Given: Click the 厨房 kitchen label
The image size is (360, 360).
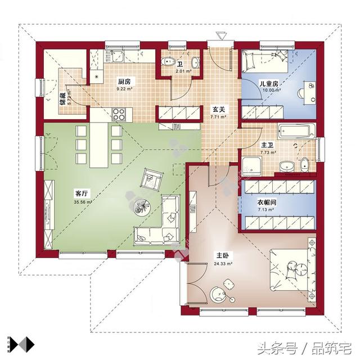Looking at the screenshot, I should click(x=125, y=80).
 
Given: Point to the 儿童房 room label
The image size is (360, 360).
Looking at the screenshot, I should click(x=269, y=84).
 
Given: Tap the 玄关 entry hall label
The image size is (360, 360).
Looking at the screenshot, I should click(x=218, y=110).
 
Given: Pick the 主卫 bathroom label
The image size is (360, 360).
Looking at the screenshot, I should click(x=267, y=145).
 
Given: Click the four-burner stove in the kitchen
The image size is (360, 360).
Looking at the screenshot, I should click(x=119, y=114).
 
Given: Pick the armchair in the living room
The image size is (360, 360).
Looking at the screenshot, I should click(x=151, y=179).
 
